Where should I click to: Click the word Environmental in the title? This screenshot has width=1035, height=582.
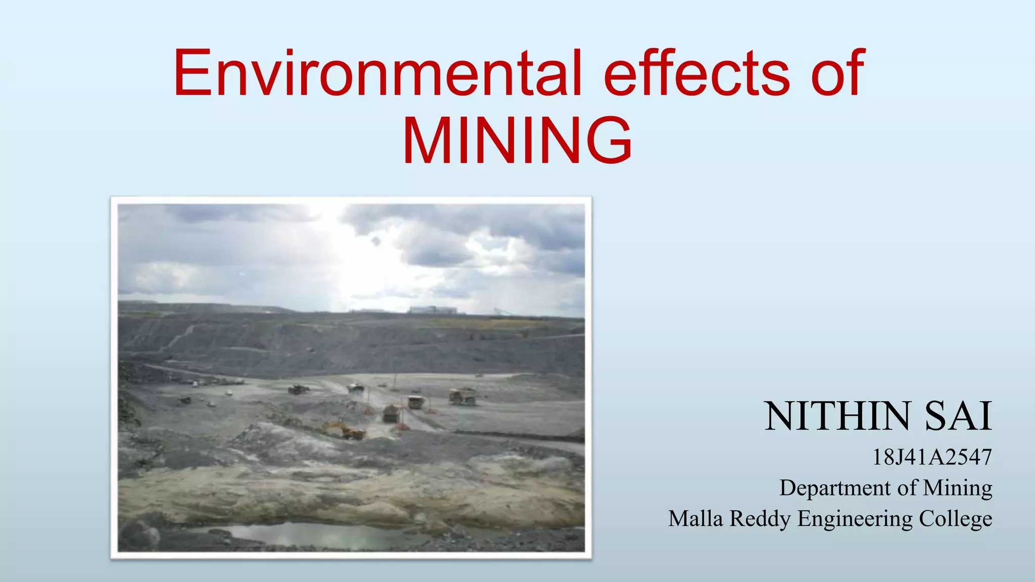click(x=377, y=73)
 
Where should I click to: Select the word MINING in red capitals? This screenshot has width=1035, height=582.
click(x=517, y=140)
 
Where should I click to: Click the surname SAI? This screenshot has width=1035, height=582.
click(x=958, y=416)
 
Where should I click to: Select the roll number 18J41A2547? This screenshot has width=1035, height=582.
click(x=932, y=457)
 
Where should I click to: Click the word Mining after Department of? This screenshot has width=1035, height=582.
click(x=957, y=488)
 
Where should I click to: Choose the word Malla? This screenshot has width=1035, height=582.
click(x=695, y=518)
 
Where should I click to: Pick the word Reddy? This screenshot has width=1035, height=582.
click(x=760, y=518)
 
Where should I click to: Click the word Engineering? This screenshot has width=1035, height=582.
click(x=855, y=518)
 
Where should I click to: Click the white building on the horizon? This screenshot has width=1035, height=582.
click(x=433, y=309)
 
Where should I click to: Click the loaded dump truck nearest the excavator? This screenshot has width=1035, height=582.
click(x=390, y=413)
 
